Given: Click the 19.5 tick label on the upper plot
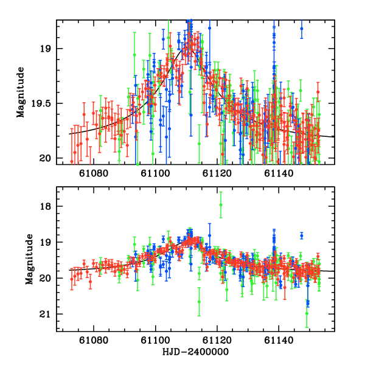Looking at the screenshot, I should pos(45,103).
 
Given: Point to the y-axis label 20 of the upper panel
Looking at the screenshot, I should pos(49,159).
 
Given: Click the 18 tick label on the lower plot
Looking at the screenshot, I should pos(49,207).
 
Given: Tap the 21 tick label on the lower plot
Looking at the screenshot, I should pos(49,315).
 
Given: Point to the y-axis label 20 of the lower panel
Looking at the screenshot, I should pos(49,279).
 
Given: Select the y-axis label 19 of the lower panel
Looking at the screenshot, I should pos(49,243).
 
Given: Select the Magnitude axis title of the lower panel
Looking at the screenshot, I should pos(29,259).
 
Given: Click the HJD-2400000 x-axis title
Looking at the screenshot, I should pos(195,352).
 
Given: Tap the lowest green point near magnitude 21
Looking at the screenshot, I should pos(307,314).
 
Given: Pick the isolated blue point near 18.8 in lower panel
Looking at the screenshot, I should pos(301,235).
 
